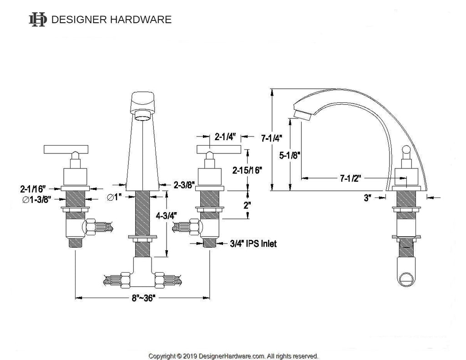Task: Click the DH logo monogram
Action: click(x=38, y=20)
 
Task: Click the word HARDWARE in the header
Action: click(x=141, y=20)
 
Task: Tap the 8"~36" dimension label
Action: click(x=143, y=298)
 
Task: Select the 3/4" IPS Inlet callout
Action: click(x=253, y=244)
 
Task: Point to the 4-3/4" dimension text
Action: click(x=167, y=216)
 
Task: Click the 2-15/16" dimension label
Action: click(x=247, y=170)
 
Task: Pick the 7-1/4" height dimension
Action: click(x=272, y=138)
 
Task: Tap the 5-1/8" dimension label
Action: click(x=290, y=155)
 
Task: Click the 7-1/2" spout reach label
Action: click(x=350, y=178)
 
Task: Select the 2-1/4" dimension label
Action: click(x=225, y=137)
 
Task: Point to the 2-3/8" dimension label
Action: click(x=184, y=185)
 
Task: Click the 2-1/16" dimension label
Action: click(x=33, y=188)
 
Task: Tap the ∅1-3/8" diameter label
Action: click(x=36, y=199)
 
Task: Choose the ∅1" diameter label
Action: click(x=115, y=197)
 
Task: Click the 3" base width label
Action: click(x=368, y=198)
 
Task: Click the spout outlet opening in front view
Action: click(x=143, y=115)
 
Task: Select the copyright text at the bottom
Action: click(x=233, y=356)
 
